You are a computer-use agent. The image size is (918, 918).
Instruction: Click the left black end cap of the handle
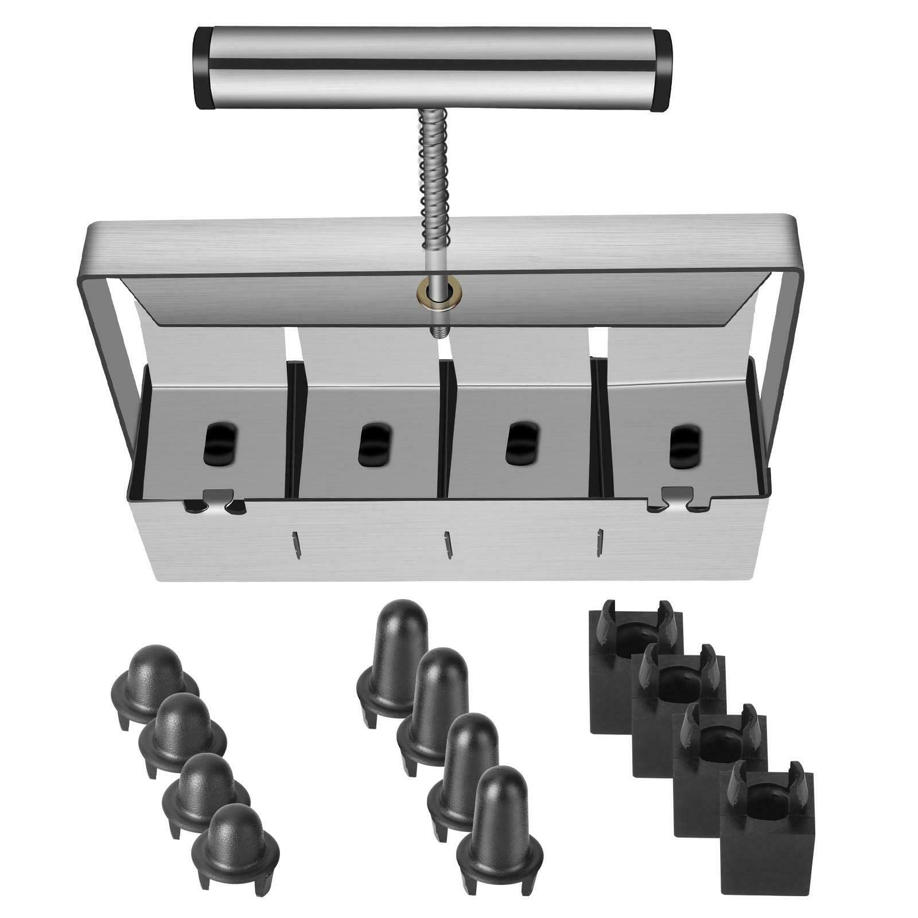point(203,68)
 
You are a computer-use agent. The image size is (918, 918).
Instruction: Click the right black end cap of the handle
point(663,72)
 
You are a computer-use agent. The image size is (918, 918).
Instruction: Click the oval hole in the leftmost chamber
point(219,443)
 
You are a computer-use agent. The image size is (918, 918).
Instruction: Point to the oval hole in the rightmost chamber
point(685,447)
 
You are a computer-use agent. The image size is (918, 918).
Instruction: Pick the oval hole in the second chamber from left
point(375,444)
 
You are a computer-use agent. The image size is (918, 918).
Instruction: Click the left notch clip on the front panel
point(214,501)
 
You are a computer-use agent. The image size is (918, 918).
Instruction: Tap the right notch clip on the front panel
point(677,497)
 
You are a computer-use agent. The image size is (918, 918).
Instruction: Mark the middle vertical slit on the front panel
point(448,544)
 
